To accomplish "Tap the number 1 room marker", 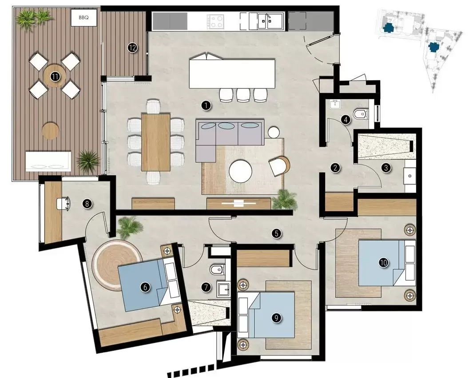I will pyautogui.click(x=205, y=105).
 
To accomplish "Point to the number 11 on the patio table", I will pyautogui.click(x=55, y=76).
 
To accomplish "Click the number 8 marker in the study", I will pyautogui.click(x=87, y=204).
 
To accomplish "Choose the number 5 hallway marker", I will pyautogui.click(x=277, y=233).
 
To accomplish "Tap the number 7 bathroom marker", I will pyautogui.click(x=206, y=287).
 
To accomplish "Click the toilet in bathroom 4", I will pyautogui.click(x=360, y=115).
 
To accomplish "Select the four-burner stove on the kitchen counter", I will pyautogui.click(x=216, y=20).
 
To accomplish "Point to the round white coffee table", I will pyautogui.click(x=240, y=171).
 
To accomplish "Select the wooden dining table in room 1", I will pyautogui.click(x=156, y=141).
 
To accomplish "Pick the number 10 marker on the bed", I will pyautogui.click(x=383, y=263).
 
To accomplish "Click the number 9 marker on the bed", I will pyautogui.click(x=276, y=318).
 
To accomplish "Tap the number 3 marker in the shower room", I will pyautogui.click(x=386, y=168).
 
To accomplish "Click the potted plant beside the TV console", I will pyautogui.click(x=284, y=200).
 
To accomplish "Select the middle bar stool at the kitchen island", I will pyautogui.click(x=243, y=94).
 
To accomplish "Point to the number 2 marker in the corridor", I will pyautogui.click(x=336, y=168).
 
